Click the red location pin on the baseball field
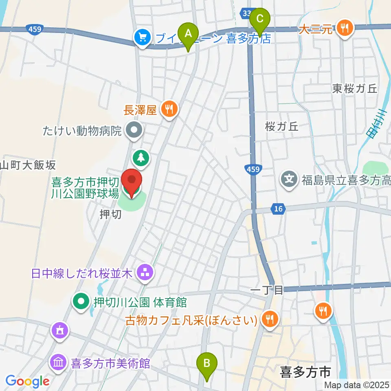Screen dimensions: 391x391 [132, 182]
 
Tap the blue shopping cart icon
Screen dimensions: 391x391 [142, 38]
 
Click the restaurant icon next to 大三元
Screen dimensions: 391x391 [345, 28]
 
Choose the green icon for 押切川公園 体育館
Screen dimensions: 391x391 [81, 302]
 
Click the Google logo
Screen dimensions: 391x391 [28, 381]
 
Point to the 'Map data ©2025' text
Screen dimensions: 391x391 [356, 384]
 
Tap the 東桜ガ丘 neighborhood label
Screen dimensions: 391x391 [355, 88]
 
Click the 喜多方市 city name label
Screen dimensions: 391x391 [305, 371]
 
